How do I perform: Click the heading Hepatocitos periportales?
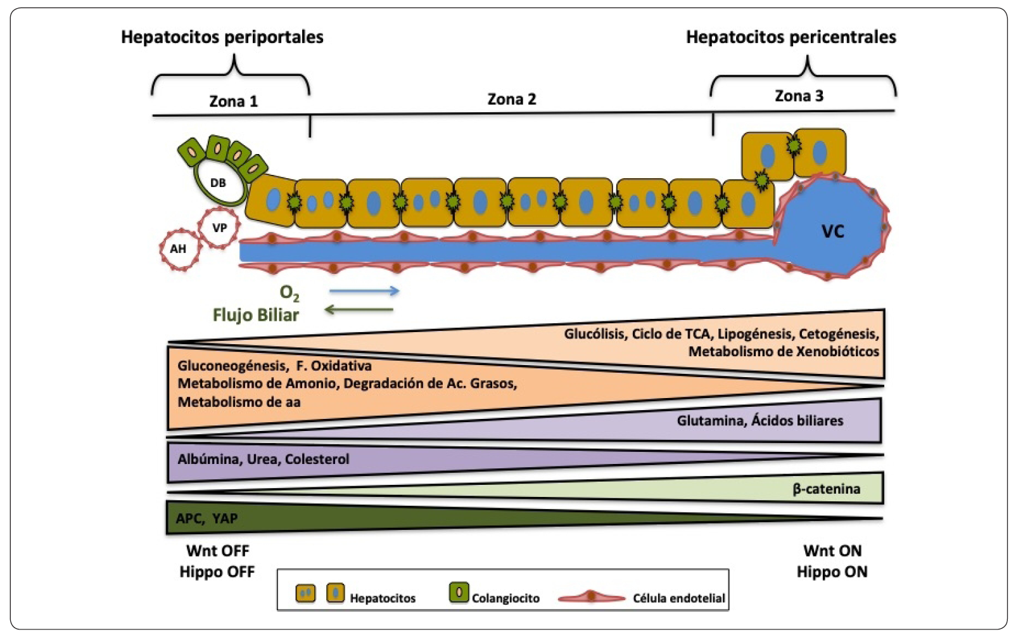(x=222, y=37)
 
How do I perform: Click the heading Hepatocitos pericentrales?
(x=791, y=37)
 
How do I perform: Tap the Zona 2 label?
(x=511, y=99)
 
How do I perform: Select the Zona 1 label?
(x=233, y=101)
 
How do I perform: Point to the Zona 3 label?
(x=799, y=96)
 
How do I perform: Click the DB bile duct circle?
(x=219, y=183)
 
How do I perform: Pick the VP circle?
(x=219, y=228)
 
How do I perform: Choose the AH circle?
(x=179, y=248)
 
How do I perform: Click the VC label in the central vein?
(x=832, y=231)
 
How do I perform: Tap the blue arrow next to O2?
(x=364, y=291)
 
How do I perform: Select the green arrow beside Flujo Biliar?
(x=359, y=310)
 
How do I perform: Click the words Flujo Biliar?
(x=255, y=315)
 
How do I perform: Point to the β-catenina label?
(x=826, y=489)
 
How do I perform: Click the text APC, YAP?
(x=207, y=518)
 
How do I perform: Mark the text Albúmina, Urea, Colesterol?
(x=263, y=459)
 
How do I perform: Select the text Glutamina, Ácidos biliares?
(x=759, y=420)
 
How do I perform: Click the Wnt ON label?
(x=832, y=550)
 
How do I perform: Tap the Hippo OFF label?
(x=217, y=572)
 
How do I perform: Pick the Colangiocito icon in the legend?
(x=459, y=593)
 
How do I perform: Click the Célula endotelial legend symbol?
(x=591, y=597)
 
